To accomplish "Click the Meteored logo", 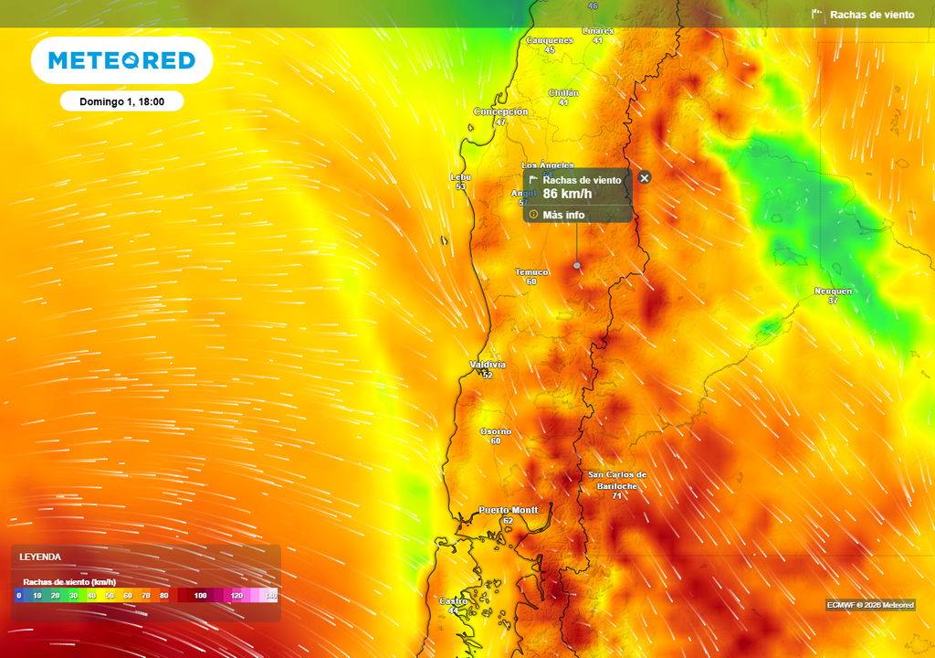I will coord(121,60).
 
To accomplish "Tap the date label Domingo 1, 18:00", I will coord(121,101).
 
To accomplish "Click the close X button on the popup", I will coord(645,177).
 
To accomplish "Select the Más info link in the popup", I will coord(562,215).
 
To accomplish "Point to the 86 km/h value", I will coord(567,194).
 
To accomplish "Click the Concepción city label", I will coord(500,111).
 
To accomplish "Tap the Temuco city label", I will coord(531,272).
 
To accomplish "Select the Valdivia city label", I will coord(488,365).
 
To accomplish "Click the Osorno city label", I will coord(496,431).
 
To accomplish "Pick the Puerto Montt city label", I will coord(508,510).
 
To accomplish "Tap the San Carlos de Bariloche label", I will coord(617,480).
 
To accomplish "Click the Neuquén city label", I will coord(833,292).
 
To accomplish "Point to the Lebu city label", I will coord(460,176).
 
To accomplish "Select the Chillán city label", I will coord(563,93).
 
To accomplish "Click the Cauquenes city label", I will coord(550,40).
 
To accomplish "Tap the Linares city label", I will coord(598,31).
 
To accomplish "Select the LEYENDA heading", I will coord(40,557).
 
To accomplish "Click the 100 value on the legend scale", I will coord(200,596).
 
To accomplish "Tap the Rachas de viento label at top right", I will coord(871,15).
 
